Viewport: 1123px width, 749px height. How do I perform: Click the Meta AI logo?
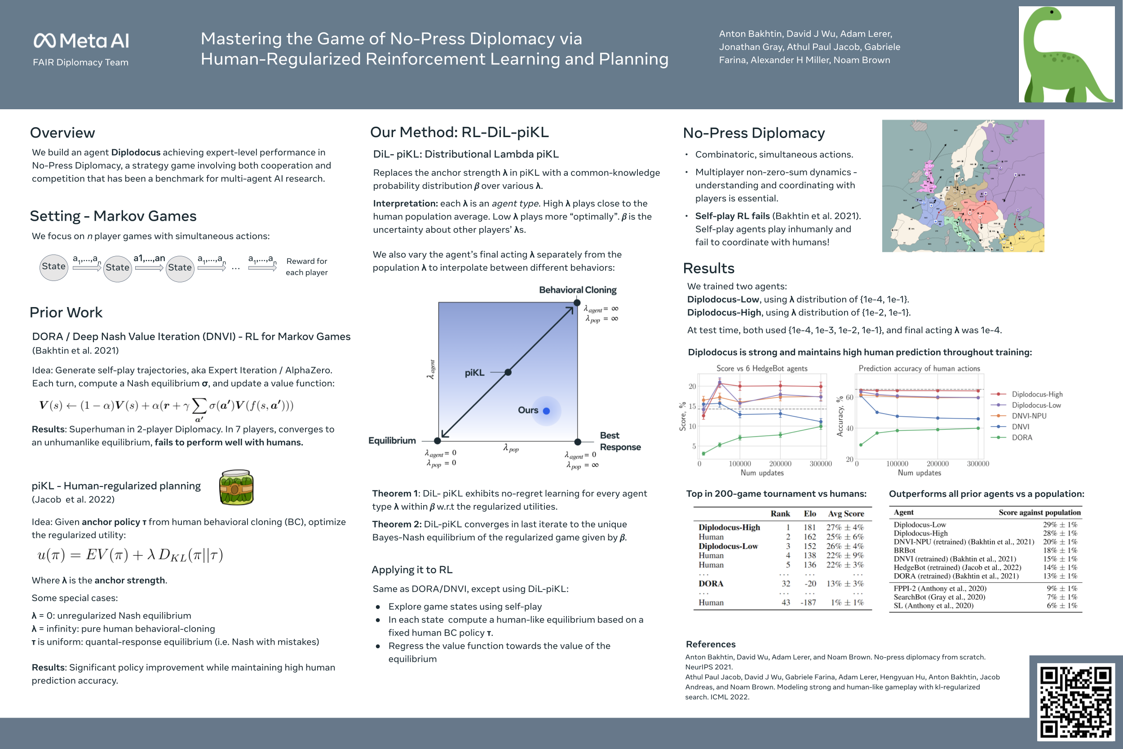click(81, 40)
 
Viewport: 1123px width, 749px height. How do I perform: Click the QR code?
click(1076, 701)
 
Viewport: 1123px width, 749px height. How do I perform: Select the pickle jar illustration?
click(236, 487)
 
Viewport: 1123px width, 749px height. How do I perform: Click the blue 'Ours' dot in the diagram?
click(547, 411)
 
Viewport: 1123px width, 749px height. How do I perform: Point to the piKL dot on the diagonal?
click(508, 372)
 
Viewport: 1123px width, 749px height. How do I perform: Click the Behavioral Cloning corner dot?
click(577, 303)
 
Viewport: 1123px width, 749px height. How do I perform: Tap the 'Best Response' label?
click(620, 441)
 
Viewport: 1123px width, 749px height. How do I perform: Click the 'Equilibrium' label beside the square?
click(392, 441)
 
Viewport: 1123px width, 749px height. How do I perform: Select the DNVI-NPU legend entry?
click(1029, 416)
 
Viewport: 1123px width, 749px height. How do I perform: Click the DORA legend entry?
click(1021, 437)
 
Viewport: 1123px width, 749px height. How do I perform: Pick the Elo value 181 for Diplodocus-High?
click(809, 527)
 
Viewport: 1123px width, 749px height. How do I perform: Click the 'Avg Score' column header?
click(846, 514)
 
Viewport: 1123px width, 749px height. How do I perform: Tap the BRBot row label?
click(904, 550)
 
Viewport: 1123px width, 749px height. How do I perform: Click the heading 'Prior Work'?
click(66, 312)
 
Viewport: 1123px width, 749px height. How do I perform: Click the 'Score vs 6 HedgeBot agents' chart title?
click(762, 369)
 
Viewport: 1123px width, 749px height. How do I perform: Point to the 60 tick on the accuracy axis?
click(849, 397)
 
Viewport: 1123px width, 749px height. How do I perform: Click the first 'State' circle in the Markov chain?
click(53, 267)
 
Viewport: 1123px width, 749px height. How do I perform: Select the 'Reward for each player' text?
click(306, 267)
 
